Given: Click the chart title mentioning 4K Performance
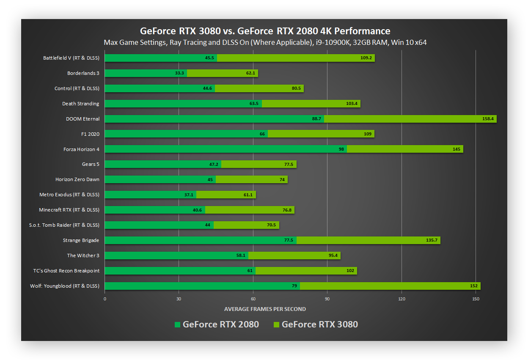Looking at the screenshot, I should [265, 31].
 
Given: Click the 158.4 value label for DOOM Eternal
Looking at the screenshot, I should [488, 119].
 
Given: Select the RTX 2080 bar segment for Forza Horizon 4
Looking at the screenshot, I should [225, 149].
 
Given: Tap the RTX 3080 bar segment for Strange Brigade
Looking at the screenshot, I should [368, 240].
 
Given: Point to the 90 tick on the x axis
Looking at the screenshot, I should [327, 299].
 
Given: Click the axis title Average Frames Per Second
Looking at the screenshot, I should [265, 309].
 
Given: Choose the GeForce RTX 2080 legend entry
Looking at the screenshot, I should [217, 324].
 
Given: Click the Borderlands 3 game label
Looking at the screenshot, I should [83, 73].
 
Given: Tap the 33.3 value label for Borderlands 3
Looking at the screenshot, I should [179, 73].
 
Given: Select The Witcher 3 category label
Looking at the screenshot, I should [83, 256].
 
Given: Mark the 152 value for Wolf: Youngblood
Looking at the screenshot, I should [474, 286].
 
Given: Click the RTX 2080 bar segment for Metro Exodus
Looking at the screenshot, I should [150, 195].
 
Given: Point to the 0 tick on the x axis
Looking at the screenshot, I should [105, 299].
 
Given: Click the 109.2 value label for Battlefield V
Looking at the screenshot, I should [366, 58].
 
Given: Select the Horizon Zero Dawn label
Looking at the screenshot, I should [77, 179].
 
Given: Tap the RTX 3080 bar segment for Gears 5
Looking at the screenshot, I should [258, 164].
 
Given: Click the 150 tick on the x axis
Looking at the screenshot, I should [476, 299].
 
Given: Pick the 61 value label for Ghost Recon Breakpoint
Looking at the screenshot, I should [250, 271].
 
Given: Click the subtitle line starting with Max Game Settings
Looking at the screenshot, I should [265, 43].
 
